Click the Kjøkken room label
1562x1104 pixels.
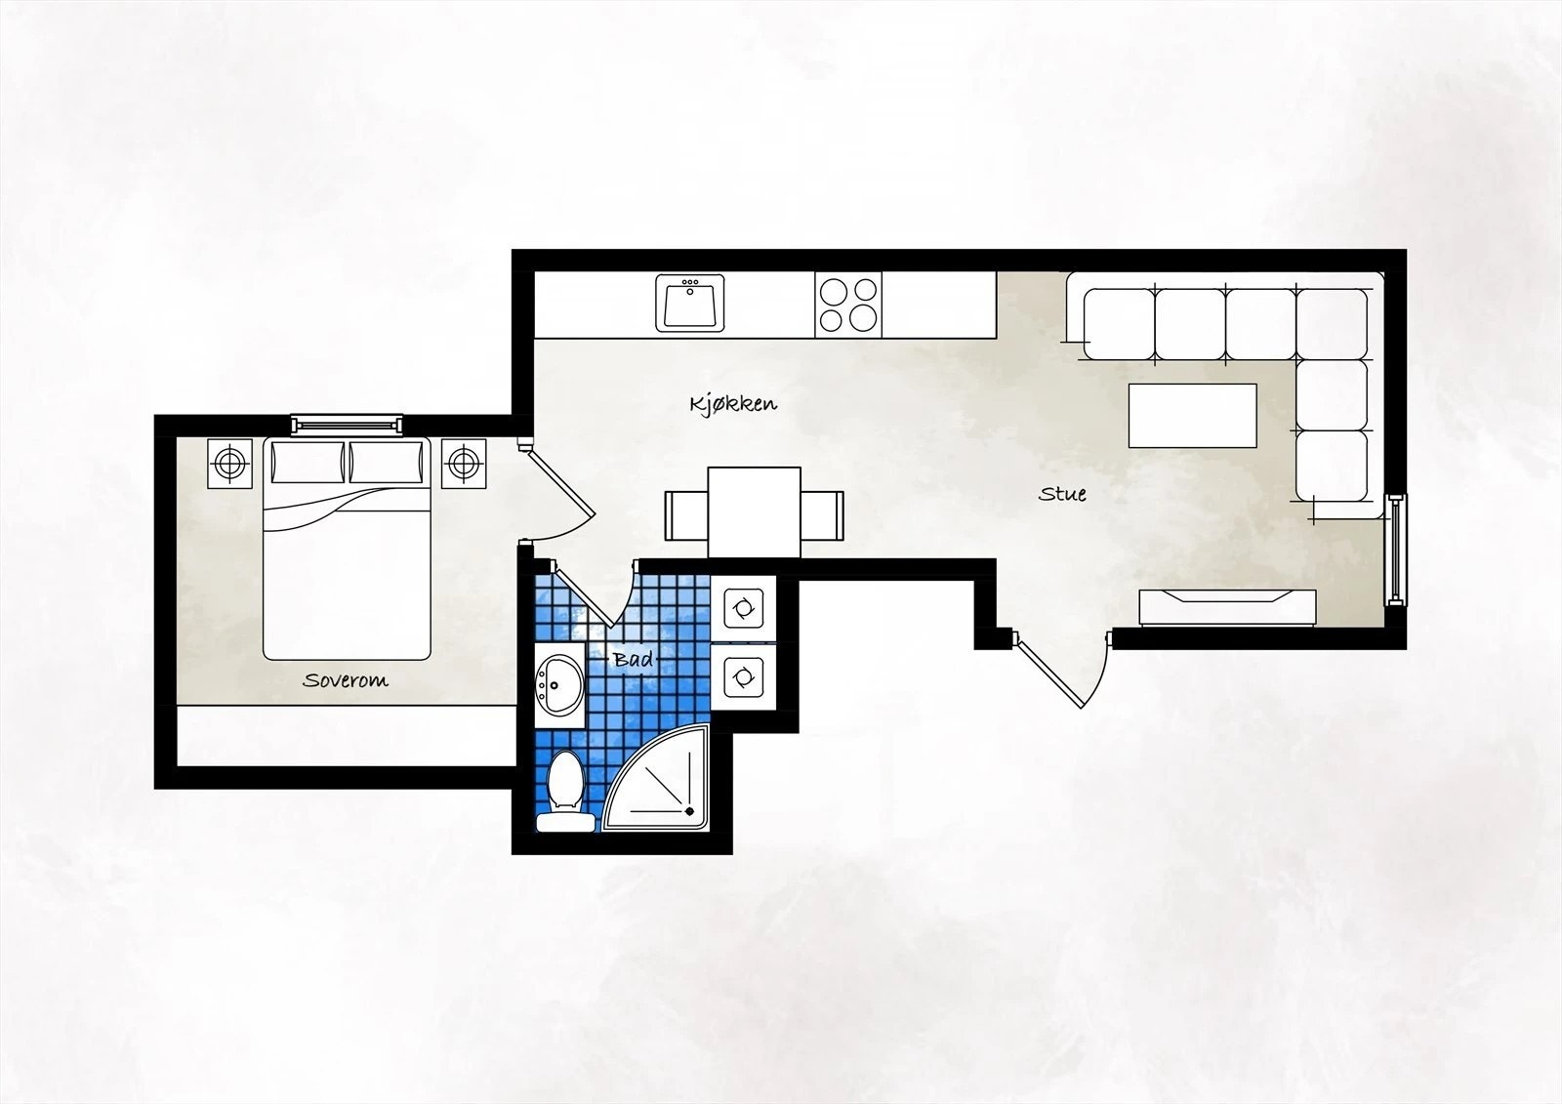coord(733,403)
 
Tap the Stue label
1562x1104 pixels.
coord(1062,494)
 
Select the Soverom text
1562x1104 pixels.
coord(345,680)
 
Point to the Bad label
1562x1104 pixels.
coord(632,660)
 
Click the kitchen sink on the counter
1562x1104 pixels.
coord(690,303)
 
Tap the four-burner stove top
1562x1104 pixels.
coord(847,304)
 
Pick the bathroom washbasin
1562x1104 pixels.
coord(559,683)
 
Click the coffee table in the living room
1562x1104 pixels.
coord(1192,415)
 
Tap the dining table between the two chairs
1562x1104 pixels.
coord(754,512)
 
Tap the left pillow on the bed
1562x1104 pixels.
coord(308,462)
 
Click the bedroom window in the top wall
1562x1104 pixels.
coord(347,424)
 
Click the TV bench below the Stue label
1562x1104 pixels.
coord(1227,607)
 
